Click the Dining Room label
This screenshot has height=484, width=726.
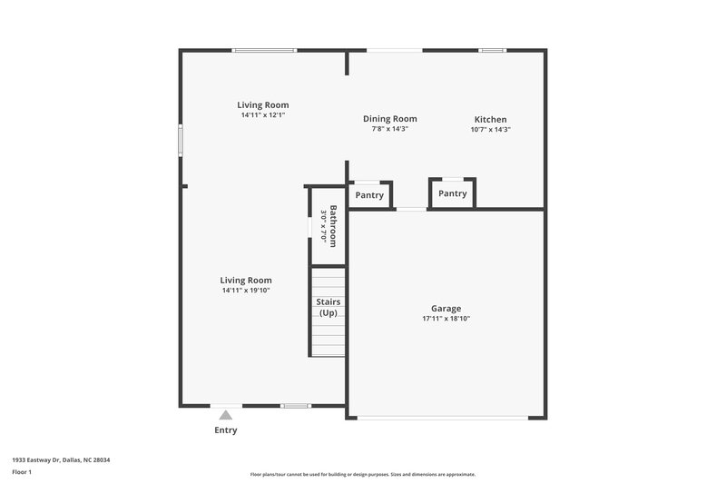[x=389, y=118]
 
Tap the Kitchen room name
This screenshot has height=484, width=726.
[x=490, y=119]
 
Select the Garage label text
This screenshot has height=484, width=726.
[x=446, y=309]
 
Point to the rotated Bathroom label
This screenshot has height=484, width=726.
[x=333, y=226]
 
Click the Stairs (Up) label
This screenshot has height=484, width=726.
[x=328, y=307]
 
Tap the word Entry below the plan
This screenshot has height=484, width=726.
[x=225, y=430]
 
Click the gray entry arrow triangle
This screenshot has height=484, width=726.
[x=225, y=415]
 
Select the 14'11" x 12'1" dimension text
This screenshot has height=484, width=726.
[x=263, y=115]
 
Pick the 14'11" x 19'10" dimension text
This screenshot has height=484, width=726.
[x=246, y=291]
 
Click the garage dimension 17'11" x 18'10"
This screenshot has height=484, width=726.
[x=446, y=319]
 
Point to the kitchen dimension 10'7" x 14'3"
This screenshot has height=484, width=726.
[x=490, y=129]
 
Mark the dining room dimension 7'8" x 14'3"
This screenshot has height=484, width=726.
[x=389, y=129]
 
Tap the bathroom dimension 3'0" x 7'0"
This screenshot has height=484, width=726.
[x=322, y=226]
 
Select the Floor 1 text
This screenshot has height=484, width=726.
[x=23, y=473]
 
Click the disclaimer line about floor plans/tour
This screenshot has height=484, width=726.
[x=362, y=474]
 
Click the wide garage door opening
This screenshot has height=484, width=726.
[x=442, y=418]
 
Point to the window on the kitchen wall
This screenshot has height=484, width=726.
[x=492, y=50]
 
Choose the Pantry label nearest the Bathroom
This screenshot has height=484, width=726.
[x=369, y=195]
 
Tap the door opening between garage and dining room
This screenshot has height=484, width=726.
[x=411, y=210]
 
